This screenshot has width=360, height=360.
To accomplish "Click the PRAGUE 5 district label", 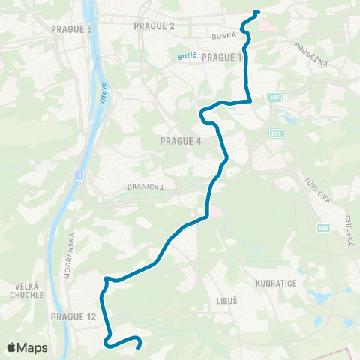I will [x=72, y=28].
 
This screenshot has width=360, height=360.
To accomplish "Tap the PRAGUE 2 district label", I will [x=154, y=25].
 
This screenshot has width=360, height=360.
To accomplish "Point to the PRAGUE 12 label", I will [x=73, y=316].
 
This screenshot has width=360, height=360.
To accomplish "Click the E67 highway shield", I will [x=276, y=97].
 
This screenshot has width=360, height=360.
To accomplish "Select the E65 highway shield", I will [x=277, y=133].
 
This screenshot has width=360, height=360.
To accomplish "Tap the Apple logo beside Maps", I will [x=12, y=347].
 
